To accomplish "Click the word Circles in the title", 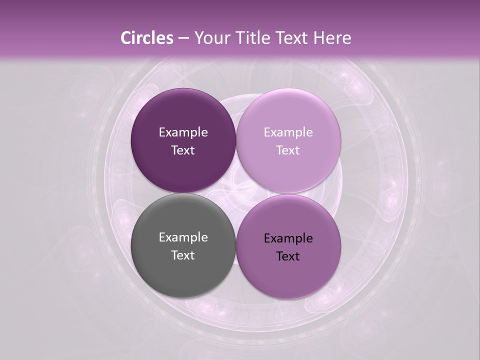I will coord(146,38).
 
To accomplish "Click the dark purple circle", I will coord(183,140).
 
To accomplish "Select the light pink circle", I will coord(288,140).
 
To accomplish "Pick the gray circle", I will coord(183,246).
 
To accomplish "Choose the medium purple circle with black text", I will coord(288,246).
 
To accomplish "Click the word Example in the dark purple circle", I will coord(183,132).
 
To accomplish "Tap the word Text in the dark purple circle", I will coord(183,150).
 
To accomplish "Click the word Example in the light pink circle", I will coord(288,132).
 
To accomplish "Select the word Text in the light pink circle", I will coord(288,150).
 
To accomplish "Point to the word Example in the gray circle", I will coord(183,237).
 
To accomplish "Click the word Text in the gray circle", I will coord(183,255).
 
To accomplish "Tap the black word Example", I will coord(288,238).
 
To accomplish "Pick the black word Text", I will coord(288,256).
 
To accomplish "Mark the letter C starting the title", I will coord(126,38).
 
